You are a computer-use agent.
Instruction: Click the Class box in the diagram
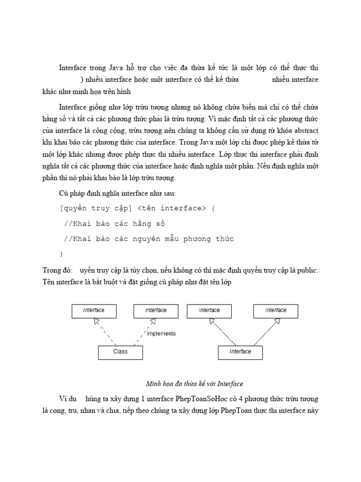pos(120,352)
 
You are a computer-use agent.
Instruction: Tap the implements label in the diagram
pos(161,334)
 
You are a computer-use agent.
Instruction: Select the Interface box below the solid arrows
pos(240,352)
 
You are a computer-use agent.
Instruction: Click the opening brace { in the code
pos(213,208)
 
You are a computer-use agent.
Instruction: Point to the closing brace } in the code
pos(62,254)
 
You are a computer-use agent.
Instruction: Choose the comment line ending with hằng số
pos(114,224)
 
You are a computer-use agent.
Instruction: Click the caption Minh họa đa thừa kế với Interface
pos(194,384)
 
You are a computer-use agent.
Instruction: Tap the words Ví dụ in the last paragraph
pos(66,399)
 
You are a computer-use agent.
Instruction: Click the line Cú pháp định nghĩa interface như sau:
pos(110,193)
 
